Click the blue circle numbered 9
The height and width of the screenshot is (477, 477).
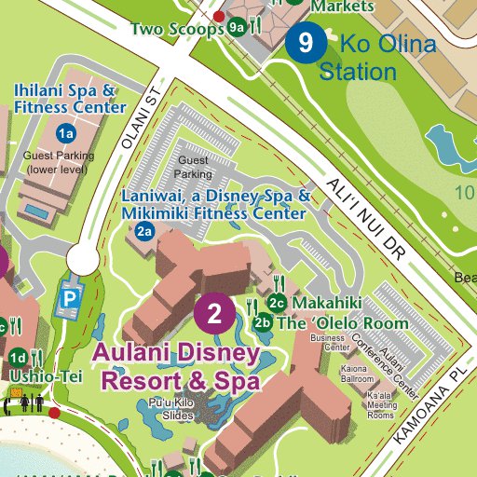click(x=306, y=42)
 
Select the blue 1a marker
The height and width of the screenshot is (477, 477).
click(x=65, y=133)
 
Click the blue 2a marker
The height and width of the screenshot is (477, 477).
click(x=143, y=232)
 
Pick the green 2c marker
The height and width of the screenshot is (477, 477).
click(x=276, y=303)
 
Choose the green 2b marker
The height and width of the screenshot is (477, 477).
click(x=263, y=323)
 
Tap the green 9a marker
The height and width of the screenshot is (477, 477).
click(x=238, y=27)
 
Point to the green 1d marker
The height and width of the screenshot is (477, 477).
click(x=18, y=358)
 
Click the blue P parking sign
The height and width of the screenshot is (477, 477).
click(x=70, y=299)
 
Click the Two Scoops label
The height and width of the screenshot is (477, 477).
click(x=177, y=29)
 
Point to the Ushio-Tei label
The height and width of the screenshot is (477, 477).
click(x=47, y=376)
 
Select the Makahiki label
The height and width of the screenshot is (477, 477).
click(x=326, y=304)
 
